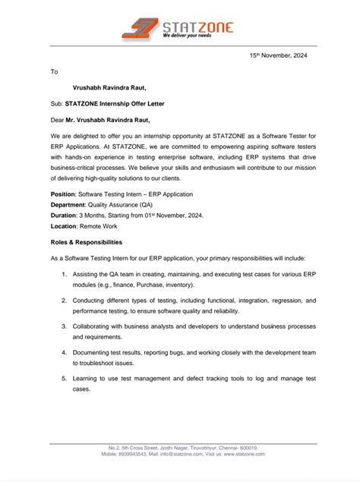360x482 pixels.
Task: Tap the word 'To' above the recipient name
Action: tap(54, 71)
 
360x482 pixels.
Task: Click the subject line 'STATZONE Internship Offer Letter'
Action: tap(115, 103)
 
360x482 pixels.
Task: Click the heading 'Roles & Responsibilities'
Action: tap(86, 242)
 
